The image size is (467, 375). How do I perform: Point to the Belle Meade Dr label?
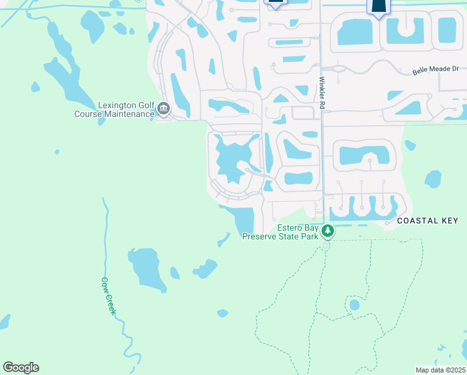(435, 71)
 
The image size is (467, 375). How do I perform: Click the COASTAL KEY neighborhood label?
(428, 221)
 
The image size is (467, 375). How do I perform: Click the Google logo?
(21, 367)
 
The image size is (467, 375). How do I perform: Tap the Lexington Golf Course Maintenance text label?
(114, 109)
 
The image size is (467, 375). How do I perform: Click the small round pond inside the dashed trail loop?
(355, 305)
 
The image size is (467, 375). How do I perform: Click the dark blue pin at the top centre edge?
(275, 3)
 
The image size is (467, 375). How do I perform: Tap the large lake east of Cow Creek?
(146, 266)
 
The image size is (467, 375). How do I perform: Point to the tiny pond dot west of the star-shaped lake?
(57, 151)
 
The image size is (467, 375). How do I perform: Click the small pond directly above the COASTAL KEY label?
(433, 179)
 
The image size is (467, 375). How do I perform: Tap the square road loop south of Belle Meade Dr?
(303, 113)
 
